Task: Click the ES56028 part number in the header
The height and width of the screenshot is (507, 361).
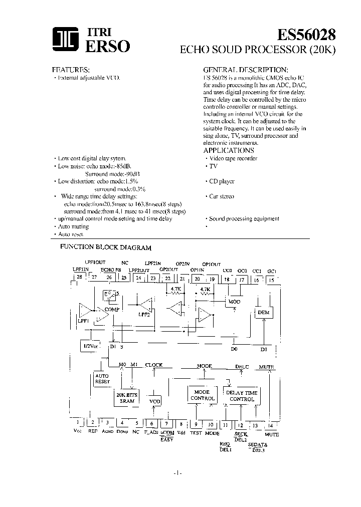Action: pyautogui.click(x=307, y=34)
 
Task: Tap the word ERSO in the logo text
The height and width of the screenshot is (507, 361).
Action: pyautogui.click(x=108, y=47)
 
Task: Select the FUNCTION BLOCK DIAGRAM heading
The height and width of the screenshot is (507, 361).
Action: pyautogui.click(x=105, y=247)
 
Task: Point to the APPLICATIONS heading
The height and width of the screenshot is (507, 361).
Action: pyautogui.click(x=228, y=150)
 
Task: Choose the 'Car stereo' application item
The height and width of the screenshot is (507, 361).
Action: pyautogui.click(x=221, y=196)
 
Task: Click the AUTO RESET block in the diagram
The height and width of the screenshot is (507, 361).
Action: pyautogui.click(x=102, y=378)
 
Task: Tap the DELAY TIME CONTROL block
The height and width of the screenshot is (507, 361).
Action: pyautogui.click(x=242, y=396)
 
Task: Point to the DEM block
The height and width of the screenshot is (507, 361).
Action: pyautogui.click(x=263, y=313)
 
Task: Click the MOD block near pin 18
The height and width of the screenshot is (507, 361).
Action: pyautogui.click(x=234, y=302)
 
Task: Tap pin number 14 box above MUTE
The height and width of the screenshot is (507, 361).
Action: pyautogui.click(x=271, y=425)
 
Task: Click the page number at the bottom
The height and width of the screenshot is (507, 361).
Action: pyautogui.click(x=177, y=472)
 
